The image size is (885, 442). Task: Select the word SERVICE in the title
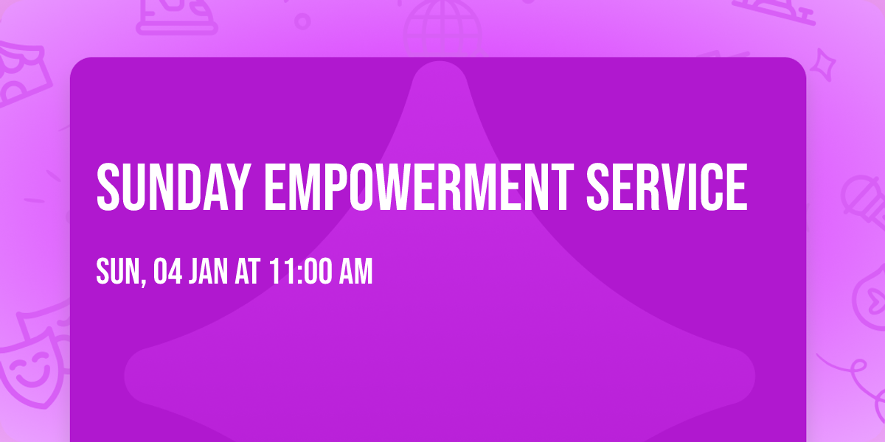(666, 186)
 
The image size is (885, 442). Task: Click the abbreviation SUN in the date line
(117, 273)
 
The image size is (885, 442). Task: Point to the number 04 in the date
(167, 273)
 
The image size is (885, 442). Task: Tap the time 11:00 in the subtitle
(300, 273)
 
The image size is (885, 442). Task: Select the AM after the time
(355, 273)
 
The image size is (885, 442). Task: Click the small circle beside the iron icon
(302, 21)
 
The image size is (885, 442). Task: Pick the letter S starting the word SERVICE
(597, 186)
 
